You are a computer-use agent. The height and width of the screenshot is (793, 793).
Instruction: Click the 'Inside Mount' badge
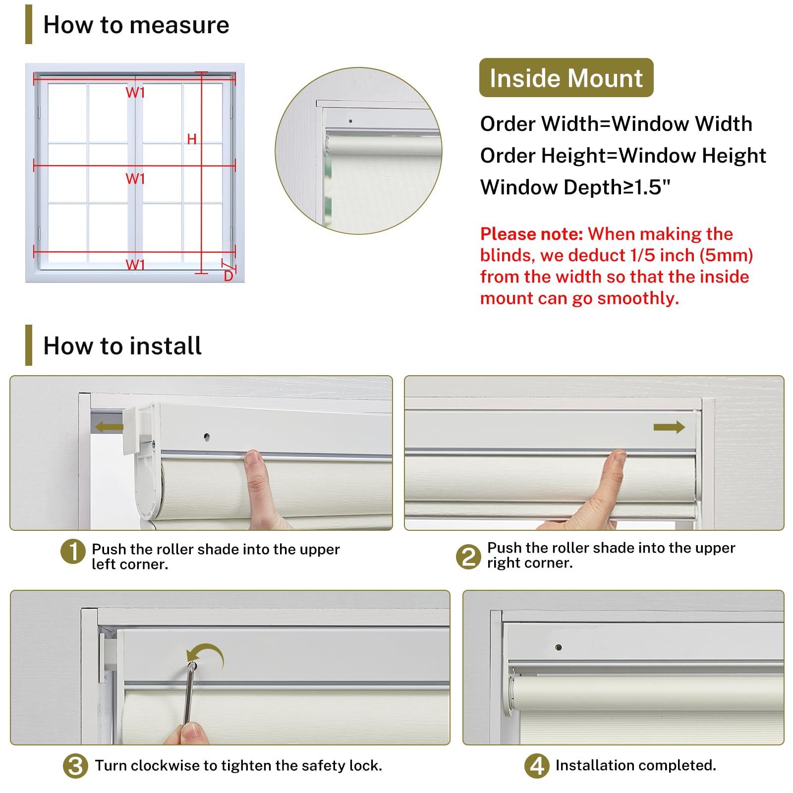[x=566, y=78]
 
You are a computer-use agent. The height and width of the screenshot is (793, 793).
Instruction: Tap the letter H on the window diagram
[x=192, y=139]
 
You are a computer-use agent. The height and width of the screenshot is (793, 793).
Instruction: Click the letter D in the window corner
[x=228, y=276]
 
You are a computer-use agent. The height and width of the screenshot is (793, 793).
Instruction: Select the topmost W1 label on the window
[x=135, y=92]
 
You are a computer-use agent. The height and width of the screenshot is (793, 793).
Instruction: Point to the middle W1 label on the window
[x=135, y=178]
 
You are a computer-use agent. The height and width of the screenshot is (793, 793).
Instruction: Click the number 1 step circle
[x=73, y=552]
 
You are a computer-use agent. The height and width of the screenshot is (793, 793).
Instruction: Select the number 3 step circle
[x=75, y=766]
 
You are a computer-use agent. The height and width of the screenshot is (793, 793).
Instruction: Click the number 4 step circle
[x=537, y=766]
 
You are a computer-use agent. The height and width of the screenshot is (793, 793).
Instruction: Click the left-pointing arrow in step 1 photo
[x=109, y=426]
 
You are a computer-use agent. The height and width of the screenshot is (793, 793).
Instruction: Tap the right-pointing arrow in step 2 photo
[x=669, y=427]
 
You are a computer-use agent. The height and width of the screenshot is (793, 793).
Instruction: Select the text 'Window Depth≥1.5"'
[x=575, y=187]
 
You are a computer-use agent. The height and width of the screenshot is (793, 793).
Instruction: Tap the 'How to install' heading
[x=122, y=345]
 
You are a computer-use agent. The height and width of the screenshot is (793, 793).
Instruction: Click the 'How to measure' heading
[x=136, y=25]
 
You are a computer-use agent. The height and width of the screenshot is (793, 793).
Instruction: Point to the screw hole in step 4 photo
[x=559, y=647]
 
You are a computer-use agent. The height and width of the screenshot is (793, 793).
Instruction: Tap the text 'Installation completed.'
[x=635, y=765]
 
